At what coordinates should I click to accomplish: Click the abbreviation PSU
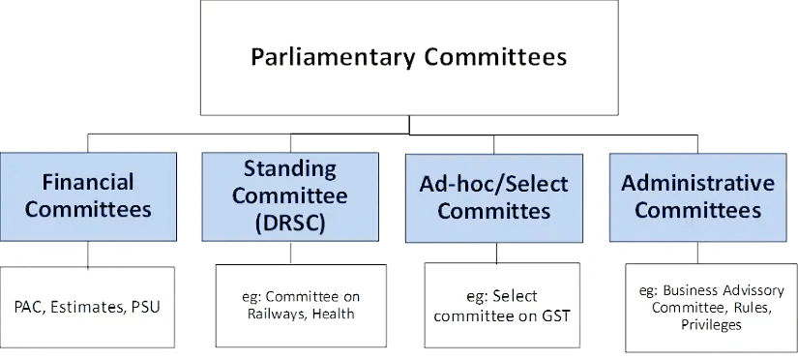tap(146, 308)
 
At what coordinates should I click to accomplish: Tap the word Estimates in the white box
tap(91, 308)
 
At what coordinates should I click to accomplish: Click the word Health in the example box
tap(334, 313)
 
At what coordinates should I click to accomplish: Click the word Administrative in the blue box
tap(697, 183)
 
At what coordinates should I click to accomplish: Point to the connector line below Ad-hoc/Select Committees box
tap(496, 253)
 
